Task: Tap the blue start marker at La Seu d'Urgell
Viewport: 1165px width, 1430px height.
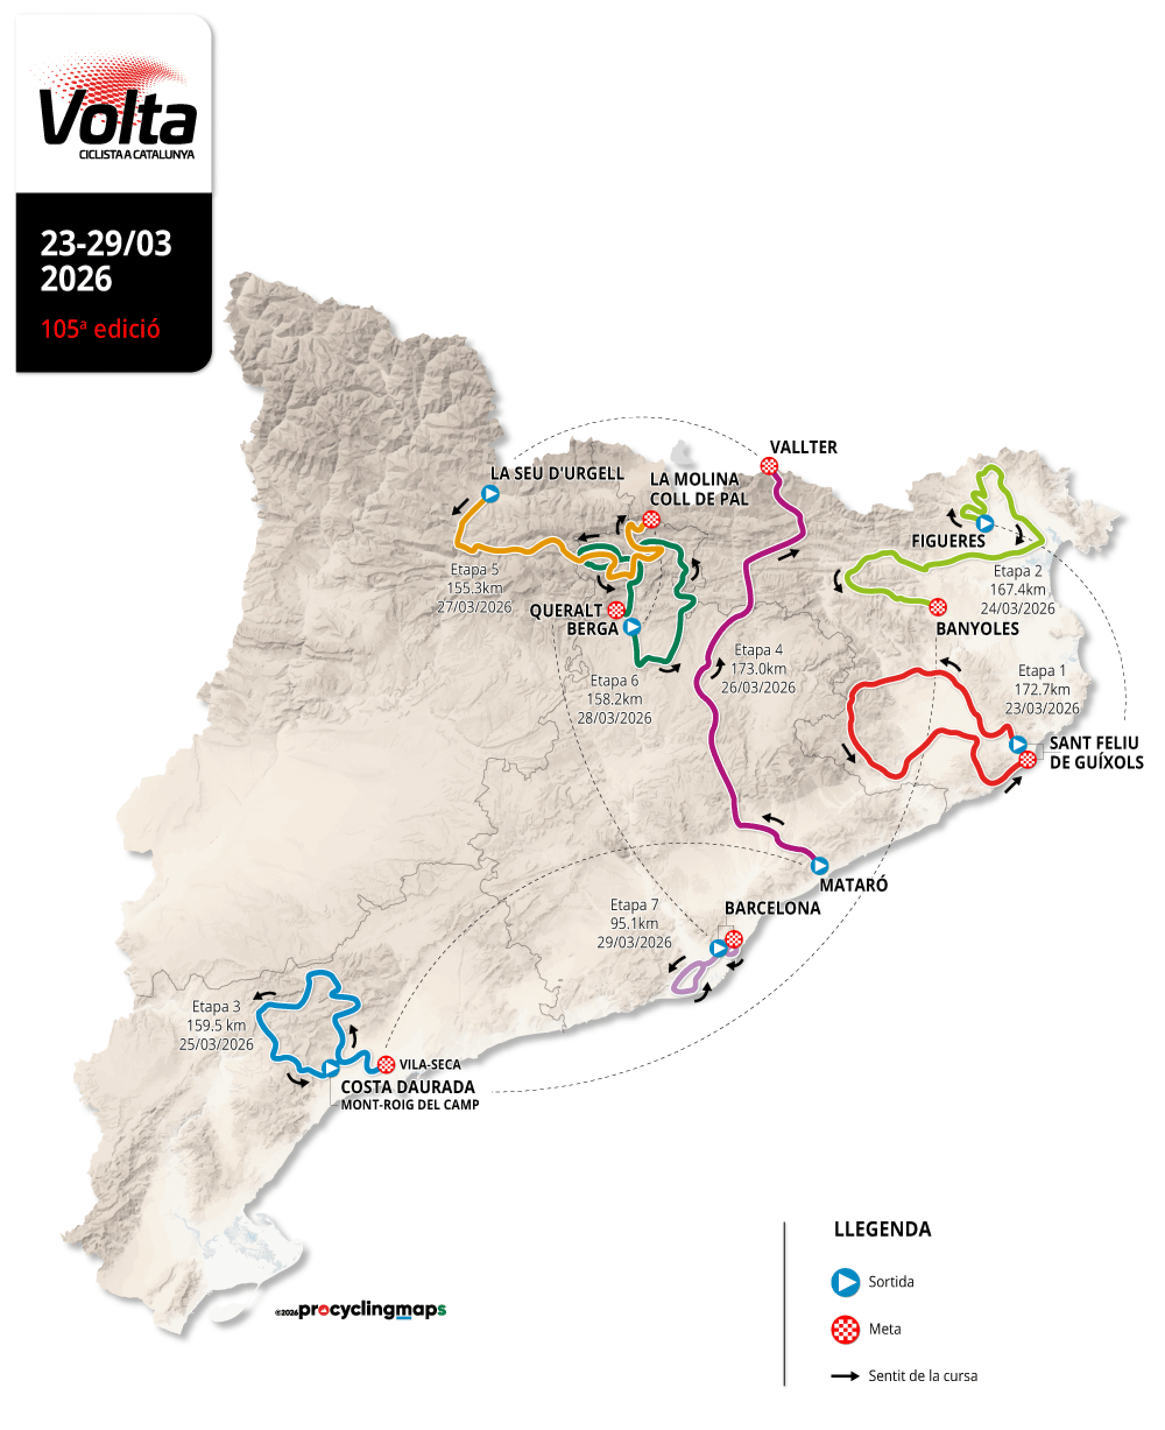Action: (x=490, y=494)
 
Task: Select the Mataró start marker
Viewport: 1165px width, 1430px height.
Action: (x=820, y=865)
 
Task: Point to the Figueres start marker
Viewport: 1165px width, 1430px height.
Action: (x=984, y=523)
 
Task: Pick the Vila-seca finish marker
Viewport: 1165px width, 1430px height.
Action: (x=386, y=1064)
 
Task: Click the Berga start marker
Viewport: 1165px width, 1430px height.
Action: (x=631, y=626)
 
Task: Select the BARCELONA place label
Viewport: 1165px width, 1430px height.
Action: (x=772, y=908)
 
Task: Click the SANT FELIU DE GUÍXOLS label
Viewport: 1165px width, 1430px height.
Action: (x=1095, y=753)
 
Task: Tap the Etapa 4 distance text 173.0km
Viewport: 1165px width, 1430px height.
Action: (x=758, y=669)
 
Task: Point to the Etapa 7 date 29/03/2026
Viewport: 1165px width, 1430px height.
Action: (x=634, y=942)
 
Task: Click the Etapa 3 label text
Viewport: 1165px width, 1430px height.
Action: (x=216, y=1006)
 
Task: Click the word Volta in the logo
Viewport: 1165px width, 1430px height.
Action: (x=118, y=118)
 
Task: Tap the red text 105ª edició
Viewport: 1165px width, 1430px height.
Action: (x=101, y=329)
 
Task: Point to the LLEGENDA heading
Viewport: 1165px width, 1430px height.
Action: (x=882, y=1230)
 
